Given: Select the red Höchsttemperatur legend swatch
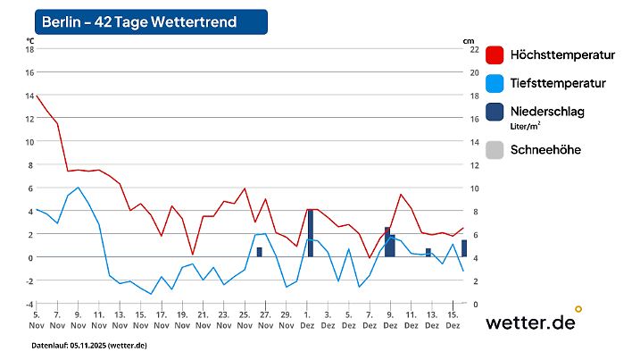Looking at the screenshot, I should pos(495,55).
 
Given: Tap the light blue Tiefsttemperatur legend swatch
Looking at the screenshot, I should pos(495,84).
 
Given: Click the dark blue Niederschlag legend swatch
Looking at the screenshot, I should pos(495,113).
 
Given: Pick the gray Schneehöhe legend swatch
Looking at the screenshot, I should pos(495,150).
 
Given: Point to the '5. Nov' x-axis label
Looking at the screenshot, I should pos(37,320).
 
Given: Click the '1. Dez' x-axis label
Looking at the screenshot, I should pos(308,320).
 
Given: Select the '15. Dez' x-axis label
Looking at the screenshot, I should pos(453,320).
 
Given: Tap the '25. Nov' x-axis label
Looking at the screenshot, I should pos(244,320).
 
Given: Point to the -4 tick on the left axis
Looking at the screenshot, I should pos(28,304).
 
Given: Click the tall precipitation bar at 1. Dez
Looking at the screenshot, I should pos(310,233).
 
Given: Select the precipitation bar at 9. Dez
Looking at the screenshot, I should pos(389,242).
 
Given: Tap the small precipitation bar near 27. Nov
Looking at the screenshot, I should pos(259,252).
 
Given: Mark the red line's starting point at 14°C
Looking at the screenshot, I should pos(37,96).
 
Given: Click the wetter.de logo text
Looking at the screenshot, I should pos(530,322).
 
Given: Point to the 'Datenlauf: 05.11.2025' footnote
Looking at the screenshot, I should pos(89,346).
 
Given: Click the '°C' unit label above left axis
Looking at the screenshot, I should pos(30,40).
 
